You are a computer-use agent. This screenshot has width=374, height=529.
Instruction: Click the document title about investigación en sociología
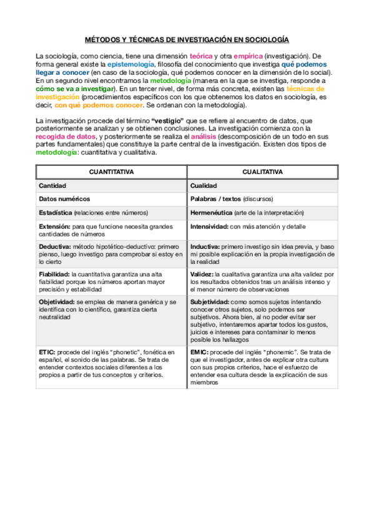[x=187, y=39]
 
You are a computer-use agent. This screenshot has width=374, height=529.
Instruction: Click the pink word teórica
[x=201, y=56]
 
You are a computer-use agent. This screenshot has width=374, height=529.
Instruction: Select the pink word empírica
[x=247, y=56]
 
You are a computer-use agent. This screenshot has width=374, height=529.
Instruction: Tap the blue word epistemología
[x=130, y=64]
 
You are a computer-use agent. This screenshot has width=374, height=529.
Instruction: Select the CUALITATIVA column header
[x=263, y=172]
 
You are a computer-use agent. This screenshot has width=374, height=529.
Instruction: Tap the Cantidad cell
[x=52, y=186]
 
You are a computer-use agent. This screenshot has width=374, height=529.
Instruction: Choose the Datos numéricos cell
[x=64, y=199]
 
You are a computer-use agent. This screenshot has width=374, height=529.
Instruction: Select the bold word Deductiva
[x=54, y=246]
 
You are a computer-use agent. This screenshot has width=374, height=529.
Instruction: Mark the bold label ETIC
[x=47, y=352]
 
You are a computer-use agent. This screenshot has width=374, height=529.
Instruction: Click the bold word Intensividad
[x=209, y=226]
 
